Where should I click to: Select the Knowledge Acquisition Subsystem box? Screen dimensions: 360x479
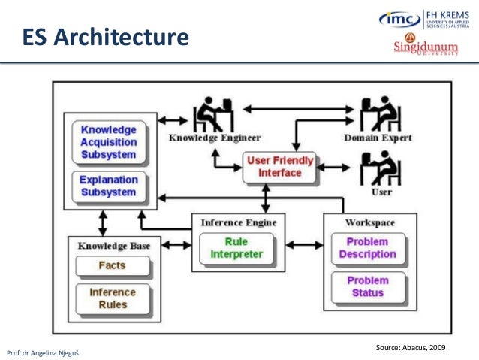click(109, 142)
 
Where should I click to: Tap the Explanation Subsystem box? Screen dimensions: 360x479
click(109, 186)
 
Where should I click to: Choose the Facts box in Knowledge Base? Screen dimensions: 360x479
click(112, 265)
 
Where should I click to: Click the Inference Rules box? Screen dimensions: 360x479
click(113, 298)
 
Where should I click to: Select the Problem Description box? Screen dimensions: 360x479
click(368, 248)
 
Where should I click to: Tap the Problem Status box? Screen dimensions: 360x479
click(368, 286)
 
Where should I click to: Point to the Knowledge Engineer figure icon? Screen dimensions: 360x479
click(212, 115)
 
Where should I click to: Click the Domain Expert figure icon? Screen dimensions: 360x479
click(377, 115)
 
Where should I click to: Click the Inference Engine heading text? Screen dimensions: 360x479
click(239, 222)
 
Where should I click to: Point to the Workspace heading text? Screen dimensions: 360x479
click(369, 222)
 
